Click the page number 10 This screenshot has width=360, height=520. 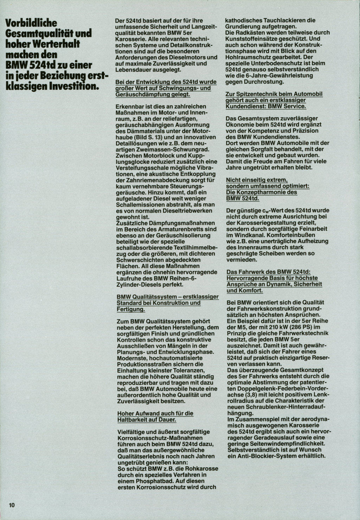[x=12, y=505]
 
